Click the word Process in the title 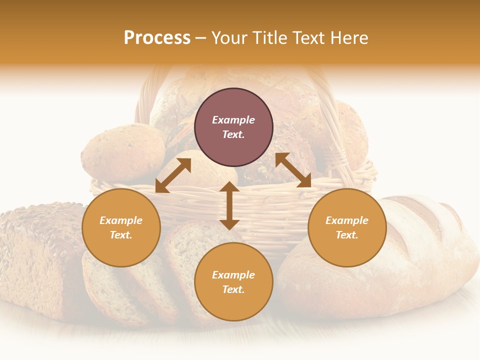point(157,38)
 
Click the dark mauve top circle point(233,127)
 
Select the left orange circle point(121,227)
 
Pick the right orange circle point(347,227)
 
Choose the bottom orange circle point(233,282)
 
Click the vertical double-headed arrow point(229,205)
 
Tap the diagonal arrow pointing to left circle point(173,175)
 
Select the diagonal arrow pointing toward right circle point(293,170)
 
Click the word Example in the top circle point(233,120)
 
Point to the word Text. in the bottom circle point(233,289)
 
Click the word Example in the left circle point(121,220)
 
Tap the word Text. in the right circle point(347,235)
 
